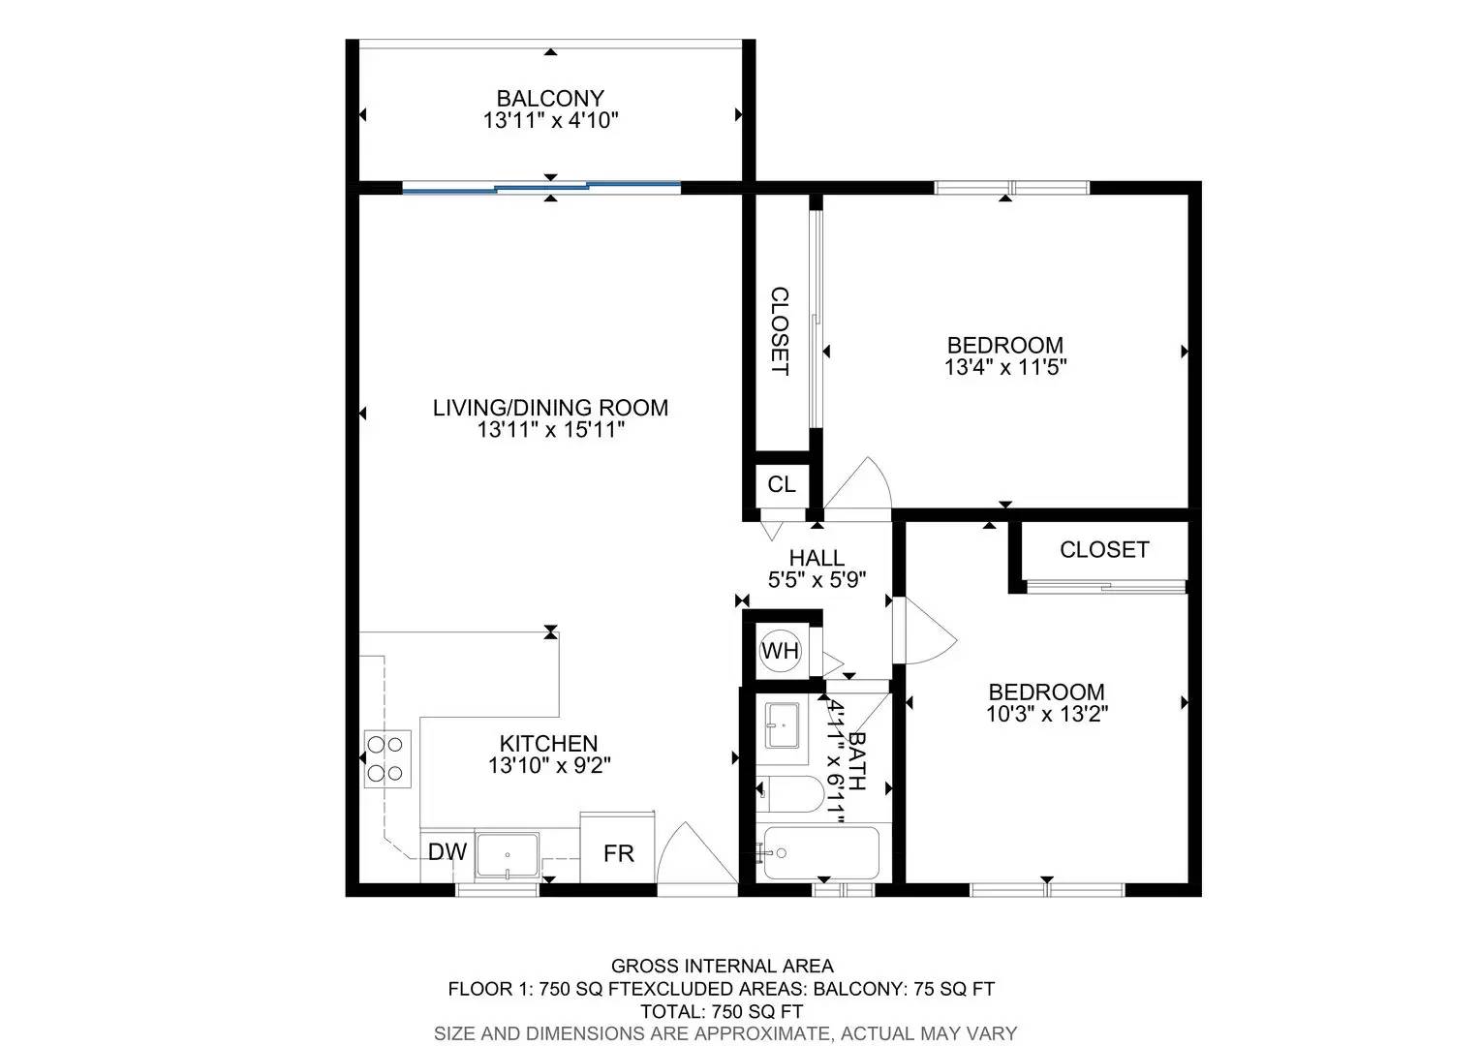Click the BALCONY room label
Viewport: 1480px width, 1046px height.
pos(550,99)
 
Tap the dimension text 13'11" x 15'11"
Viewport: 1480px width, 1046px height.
pos(550,430)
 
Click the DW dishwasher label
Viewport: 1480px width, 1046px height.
pos(447,851)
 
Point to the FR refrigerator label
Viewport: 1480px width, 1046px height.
pos(618,853)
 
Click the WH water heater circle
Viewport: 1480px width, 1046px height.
pos(781,651)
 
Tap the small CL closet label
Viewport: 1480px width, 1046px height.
pos(782,484)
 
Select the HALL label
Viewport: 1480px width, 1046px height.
pos(817,559)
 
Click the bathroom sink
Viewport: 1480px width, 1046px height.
pos(783,724)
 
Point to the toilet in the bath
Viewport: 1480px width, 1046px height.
pos(790,794)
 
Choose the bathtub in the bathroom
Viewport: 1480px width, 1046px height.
pos(818,853)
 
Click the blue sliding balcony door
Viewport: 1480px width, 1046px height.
pos(541,188)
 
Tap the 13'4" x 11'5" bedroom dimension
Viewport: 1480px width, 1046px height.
pos(1005,367)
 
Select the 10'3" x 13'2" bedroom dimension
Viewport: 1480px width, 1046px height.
pos(1047,715)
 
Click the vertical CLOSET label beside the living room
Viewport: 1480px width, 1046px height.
pos(781,331)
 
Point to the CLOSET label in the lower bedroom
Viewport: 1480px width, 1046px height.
pos(1104,550)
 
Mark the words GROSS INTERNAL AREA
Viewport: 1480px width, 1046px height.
pos(723,966)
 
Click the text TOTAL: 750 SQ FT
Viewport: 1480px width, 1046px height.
pos(723,1012)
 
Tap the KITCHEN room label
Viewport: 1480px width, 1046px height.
pos(548,744)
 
